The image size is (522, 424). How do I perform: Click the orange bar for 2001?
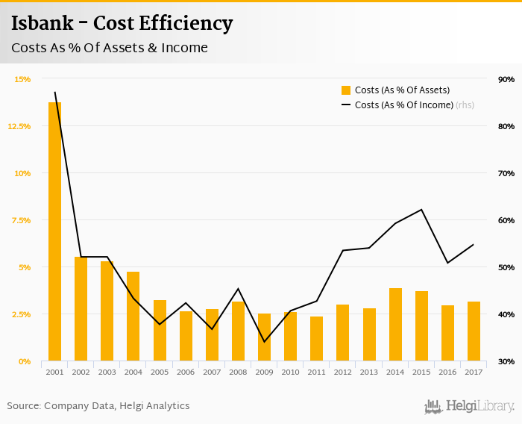(54, 231)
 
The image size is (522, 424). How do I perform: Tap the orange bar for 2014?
(395, 325)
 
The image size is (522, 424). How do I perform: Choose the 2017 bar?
(474, 331)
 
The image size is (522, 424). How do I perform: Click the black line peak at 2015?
(421, 210)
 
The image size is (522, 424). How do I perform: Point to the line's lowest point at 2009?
(264, 342)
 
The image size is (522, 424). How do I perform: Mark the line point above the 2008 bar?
(238, 289)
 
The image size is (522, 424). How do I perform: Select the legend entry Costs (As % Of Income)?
(403, 105)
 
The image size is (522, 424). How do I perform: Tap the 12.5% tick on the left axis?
(20, 126)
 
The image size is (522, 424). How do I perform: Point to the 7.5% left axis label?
(20, 220)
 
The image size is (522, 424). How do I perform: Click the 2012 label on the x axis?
(342, 372)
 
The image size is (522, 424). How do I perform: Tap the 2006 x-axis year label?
(186, 372)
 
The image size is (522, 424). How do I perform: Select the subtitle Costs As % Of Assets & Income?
(110, 48)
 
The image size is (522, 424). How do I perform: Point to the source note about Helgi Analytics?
(98, 406)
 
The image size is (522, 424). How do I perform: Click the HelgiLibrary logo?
(470, 407)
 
